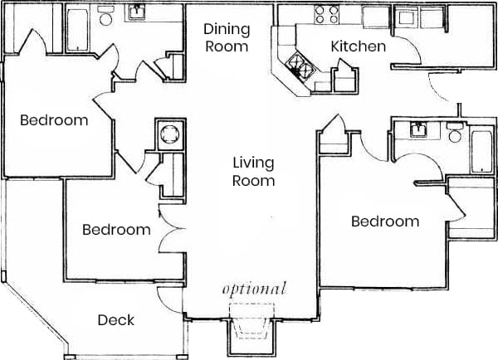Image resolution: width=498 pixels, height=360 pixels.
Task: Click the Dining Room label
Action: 227,37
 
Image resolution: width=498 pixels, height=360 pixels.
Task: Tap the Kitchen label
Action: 359,46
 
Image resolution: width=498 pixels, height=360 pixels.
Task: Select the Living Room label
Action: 253,172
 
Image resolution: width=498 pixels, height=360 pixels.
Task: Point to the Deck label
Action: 116,320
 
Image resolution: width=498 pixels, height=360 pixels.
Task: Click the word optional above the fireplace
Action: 254,289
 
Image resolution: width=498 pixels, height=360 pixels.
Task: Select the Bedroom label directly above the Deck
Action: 116,230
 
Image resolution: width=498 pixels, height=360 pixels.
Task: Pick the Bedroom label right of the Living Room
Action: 384,221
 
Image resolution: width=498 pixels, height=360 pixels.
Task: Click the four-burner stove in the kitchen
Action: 326,14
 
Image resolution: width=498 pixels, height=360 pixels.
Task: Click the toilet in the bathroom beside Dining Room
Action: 106,16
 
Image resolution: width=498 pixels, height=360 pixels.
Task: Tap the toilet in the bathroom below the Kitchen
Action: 454,133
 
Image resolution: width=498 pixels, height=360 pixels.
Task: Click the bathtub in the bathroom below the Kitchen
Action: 482,150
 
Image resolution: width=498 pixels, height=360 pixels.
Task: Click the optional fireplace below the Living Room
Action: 253,325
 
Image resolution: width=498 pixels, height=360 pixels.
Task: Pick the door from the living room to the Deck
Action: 169,297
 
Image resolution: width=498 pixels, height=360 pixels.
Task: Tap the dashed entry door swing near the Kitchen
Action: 440,86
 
